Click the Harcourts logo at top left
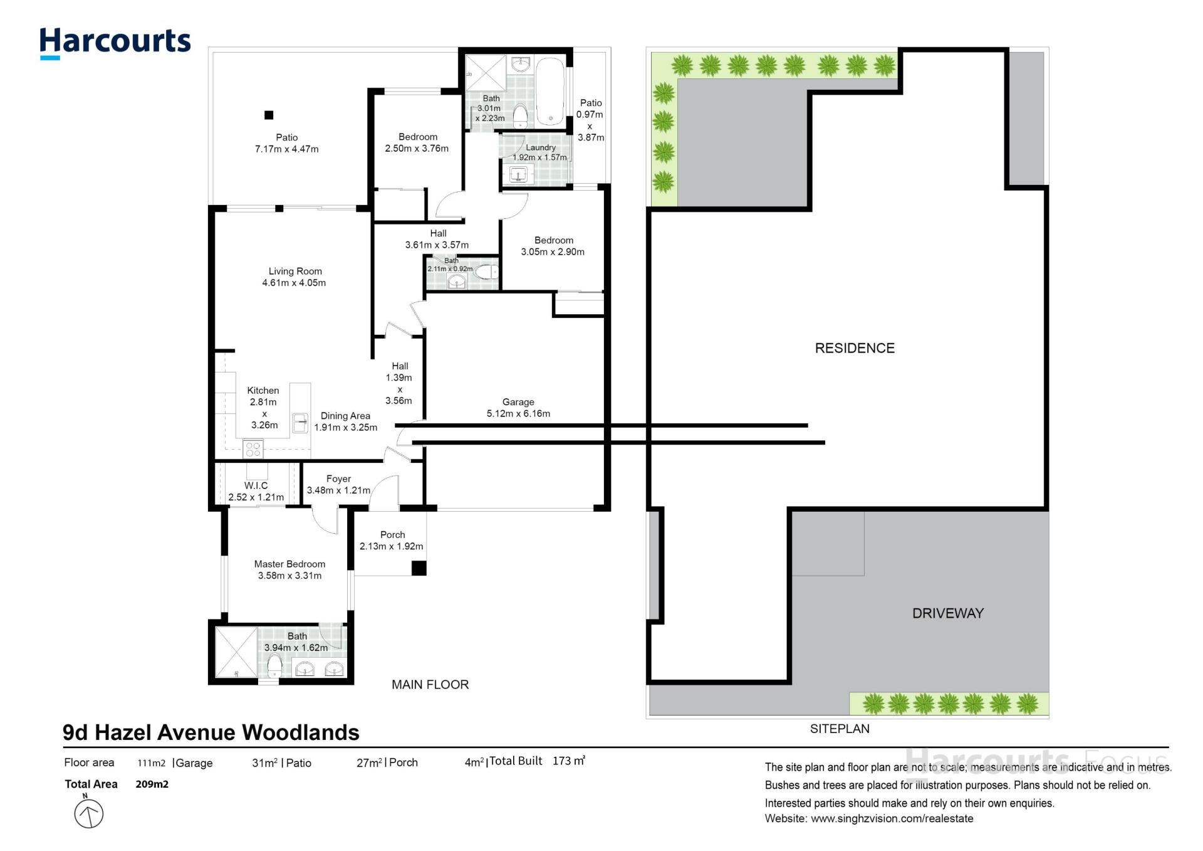[x=115, y=43]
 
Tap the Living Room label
[x=295, y=272]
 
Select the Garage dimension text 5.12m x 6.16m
[x=518, y=414]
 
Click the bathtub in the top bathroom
[x=551, y=92]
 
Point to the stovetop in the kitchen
[x=253, y=449]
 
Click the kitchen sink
[x=300, y=423]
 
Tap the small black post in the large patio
[x=269, y=115]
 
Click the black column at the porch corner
[x=419, y=568]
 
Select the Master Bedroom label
[x=289, y=564]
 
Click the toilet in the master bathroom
[x=274, y=665]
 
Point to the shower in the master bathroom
[x=236, y=652]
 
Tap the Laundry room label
[x=541, y=147]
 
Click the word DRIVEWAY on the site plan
[x=948, y=613]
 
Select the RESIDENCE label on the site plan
[x=855, y=348]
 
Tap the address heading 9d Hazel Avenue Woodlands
[x=211, y=732]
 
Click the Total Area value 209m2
[x=152, y=784]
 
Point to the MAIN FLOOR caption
[x=430, y=685]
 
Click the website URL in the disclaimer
[x=892, y=818]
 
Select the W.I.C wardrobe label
[x=256, y=485]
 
